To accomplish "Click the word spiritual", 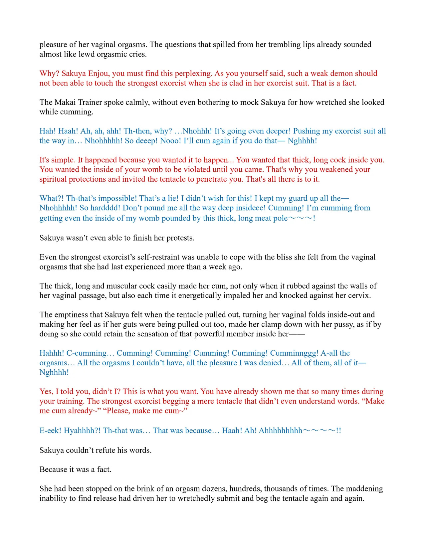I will [x=53, y=179].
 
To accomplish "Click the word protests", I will [x=180, y=238].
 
